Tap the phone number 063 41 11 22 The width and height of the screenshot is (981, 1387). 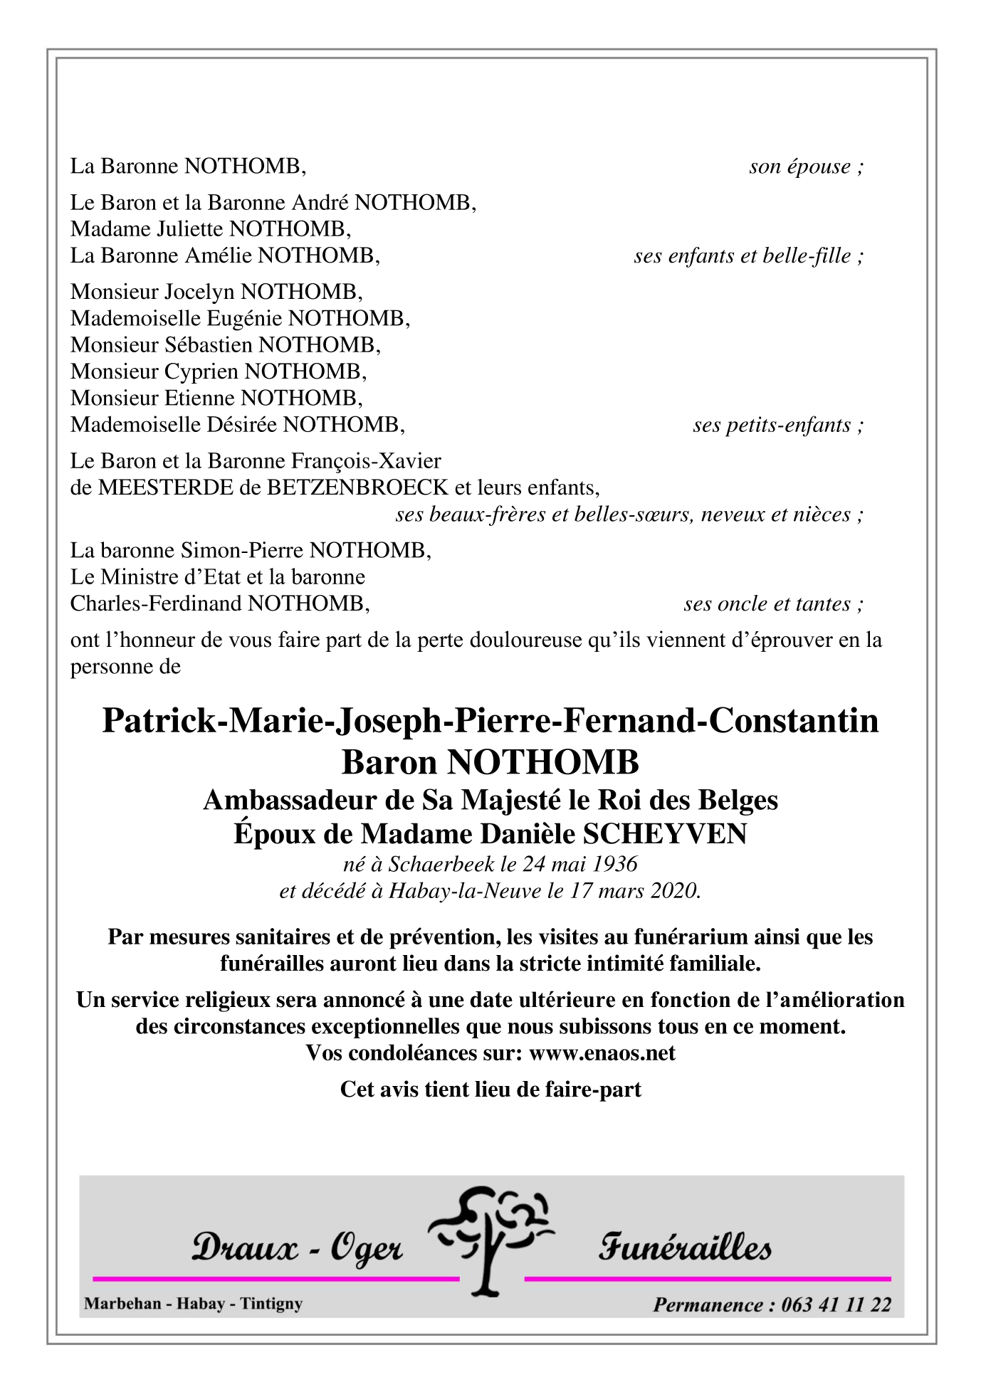coord(836,1304)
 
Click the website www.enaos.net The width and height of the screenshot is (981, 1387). coord(602,1053)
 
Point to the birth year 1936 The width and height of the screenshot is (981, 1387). coord(615,864)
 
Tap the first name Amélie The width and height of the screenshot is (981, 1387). coord(219,255)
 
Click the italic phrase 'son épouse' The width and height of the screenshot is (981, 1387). coord(799,167)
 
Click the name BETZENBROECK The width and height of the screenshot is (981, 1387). coord(357,488)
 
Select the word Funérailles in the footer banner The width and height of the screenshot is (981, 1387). coord(685,1248)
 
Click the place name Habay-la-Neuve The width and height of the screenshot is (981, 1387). coord(464,891)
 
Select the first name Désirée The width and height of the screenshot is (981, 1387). coord(242,426)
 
